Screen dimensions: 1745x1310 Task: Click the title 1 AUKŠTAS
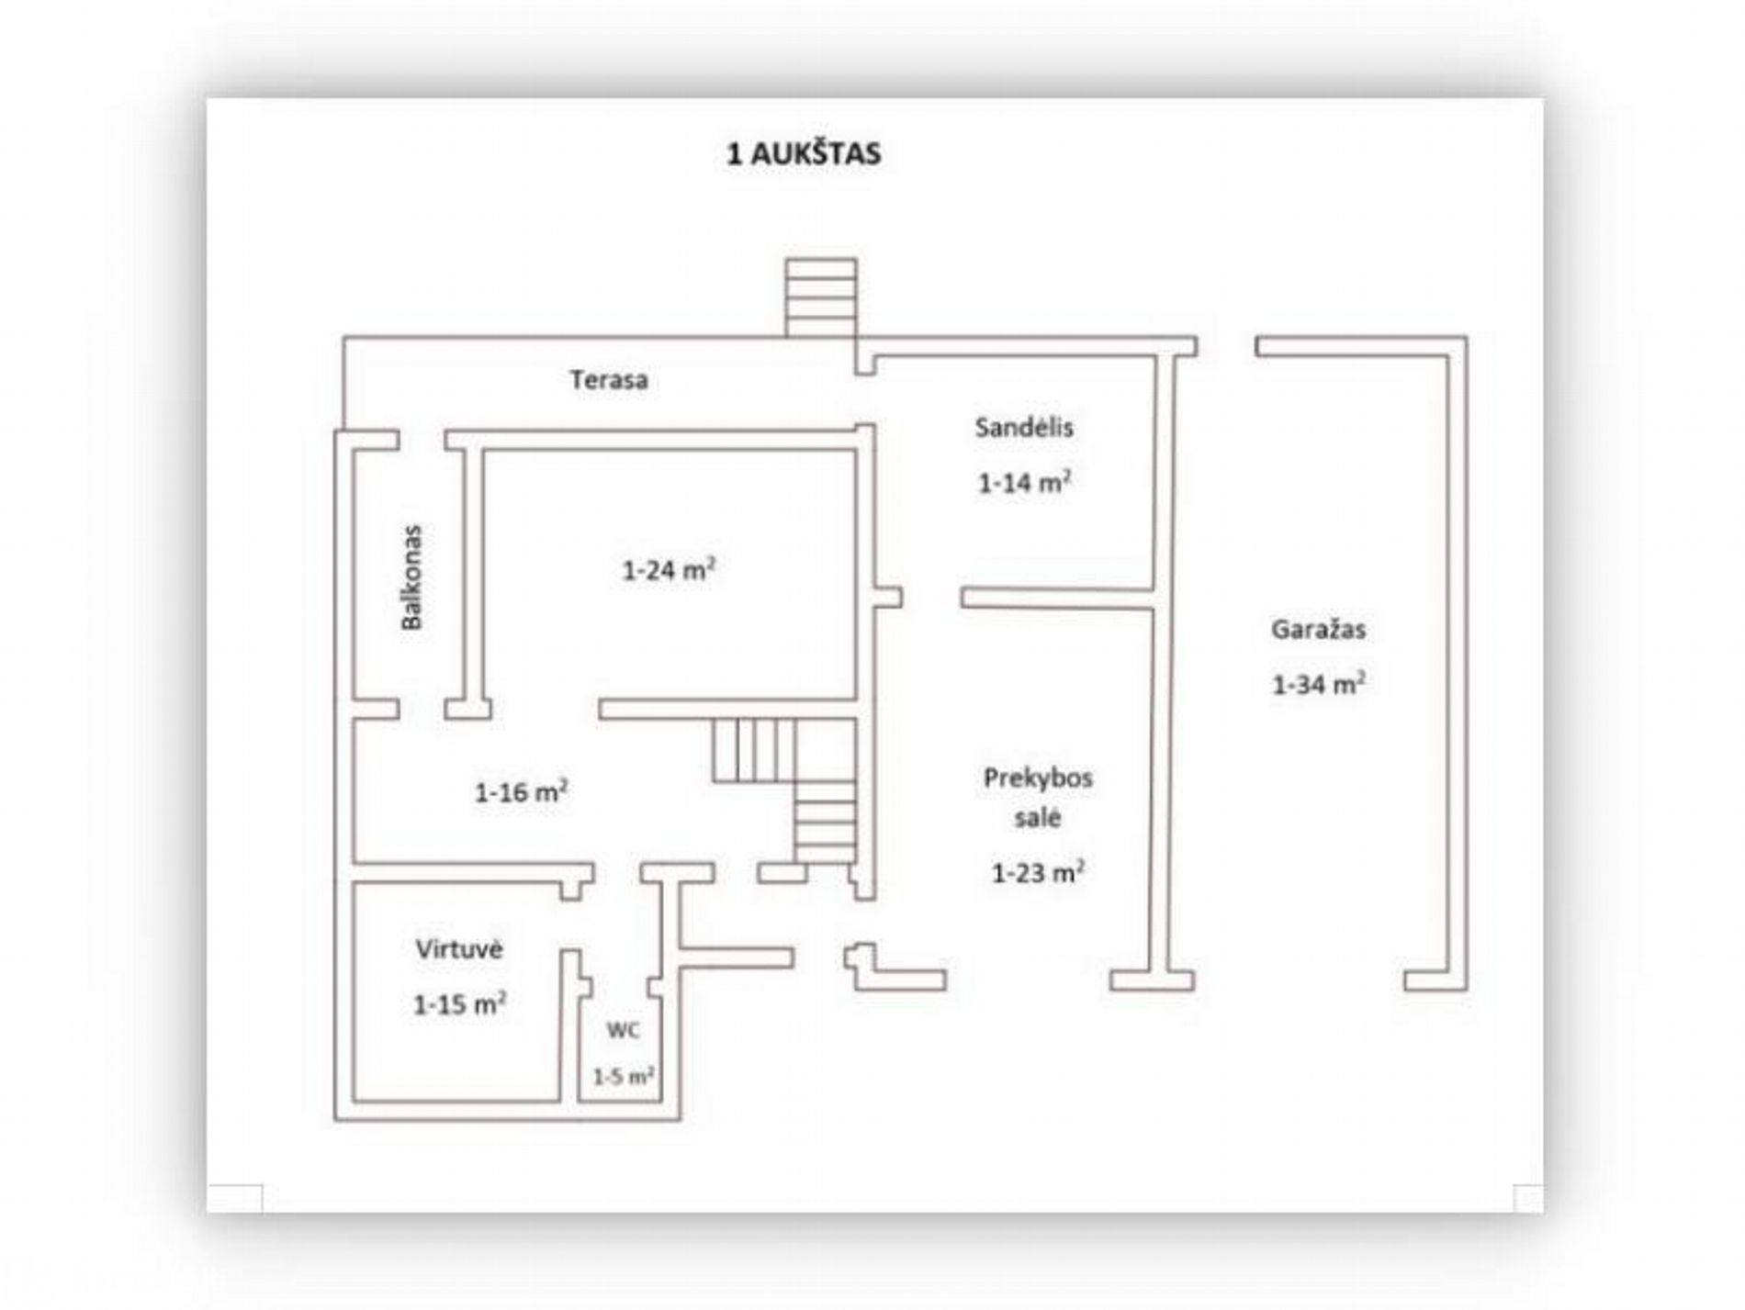point(804,153)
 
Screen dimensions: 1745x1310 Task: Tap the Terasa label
point(608,379)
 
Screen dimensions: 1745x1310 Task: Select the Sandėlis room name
point(1024,427)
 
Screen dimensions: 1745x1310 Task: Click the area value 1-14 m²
point(1025,482)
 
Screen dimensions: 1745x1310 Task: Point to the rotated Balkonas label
point(411,577)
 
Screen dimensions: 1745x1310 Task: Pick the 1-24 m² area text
point(669,569)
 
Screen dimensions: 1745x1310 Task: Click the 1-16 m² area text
point(521,791)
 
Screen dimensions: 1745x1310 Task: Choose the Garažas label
point(1318,629)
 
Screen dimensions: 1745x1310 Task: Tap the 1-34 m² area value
point(1318,684)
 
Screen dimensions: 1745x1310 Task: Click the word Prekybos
point(1038,778)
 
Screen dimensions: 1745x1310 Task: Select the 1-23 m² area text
point(1038,872)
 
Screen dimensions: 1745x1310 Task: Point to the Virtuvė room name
point(458,948)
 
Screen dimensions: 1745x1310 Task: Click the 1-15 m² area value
point(459,1004)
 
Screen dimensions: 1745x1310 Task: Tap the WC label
point(623,1030)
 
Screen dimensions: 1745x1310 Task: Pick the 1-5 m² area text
point(623,1076)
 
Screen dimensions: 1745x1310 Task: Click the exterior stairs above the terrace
point(821,297)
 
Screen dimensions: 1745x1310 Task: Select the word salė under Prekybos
point(1038,817)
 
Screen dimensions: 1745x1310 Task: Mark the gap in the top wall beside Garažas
point(1226,346)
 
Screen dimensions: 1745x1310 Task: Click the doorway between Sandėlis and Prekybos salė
point(931,598)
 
